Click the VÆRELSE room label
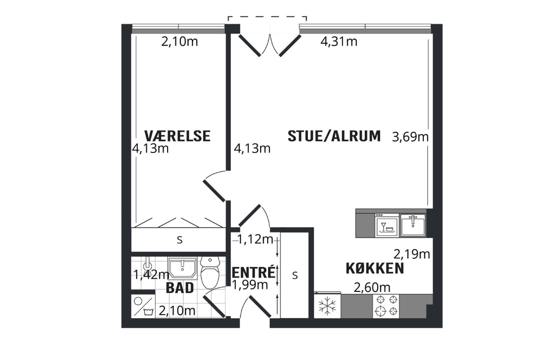tap(177, 136)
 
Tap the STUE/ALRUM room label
tap(334, 136)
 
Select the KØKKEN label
tap(374, 268)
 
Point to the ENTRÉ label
tap(254, 272)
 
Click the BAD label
tap(180, 288)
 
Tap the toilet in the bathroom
tap(210, 272)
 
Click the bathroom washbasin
tap(182, 268)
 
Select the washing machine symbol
tap(143, 306)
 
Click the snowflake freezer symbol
tap(327, 306)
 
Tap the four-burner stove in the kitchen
tap(386, 306)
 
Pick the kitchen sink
tap(413, 225)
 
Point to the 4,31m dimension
tap(339, 42)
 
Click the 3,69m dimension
tap(410, 137)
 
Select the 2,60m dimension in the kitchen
tap(372, 287)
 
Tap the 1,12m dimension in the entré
tap(255, 239)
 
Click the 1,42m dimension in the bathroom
tap(151, 274)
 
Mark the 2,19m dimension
tap(412, 254)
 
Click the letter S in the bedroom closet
tap(179, 240)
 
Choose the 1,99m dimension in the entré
tap(250, 285)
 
